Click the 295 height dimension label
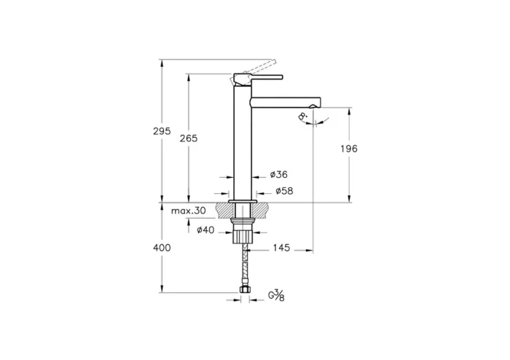(x=162, y=131)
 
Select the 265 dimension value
(x=188, y=138)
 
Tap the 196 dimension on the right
(x=349, y=149)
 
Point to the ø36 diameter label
(x=278, y=175)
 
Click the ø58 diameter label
(x=283, y=191)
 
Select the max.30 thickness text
(x=189, y=211)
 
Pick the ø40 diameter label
(x=205, y=230)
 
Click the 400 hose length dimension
(x=162, y=248)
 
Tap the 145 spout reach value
(x=280, y=248)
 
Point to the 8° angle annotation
(x=302, y=117)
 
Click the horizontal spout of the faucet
(x=284, y=98)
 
